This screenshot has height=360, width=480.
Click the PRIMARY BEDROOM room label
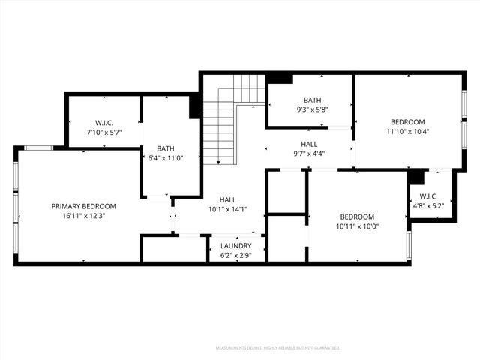click(83, 206)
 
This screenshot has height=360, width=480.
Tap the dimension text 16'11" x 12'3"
click(83, 216)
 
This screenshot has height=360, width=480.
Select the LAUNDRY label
click(235, 245)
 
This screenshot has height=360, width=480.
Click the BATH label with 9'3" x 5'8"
click(312, 100)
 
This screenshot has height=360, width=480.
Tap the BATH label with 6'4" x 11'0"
click(165, 148)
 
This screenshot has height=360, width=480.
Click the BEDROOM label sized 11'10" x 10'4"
click(407, 122)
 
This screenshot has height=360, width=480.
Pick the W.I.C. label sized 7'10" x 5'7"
click(103, 122)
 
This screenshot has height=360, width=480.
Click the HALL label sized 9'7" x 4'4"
click(308, 144)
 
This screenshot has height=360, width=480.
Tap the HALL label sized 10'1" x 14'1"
click(228, 199)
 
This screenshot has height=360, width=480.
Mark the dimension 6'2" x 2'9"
click(235, 255)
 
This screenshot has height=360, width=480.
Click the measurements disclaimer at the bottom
click(277, 348)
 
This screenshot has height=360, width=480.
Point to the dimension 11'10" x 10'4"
click(407, 132)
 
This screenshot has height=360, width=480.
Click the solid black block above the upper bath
click(280, 78)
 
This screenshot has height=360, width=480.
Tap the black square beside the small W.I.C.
click(415, 177)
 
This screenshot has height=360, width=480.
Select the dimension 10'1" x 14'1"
click(228, 209)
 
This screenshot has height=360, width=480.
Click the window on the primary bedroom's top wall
click(38, 148)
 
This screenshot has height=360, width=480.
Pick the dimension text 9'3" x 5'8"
click(312, 109)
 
